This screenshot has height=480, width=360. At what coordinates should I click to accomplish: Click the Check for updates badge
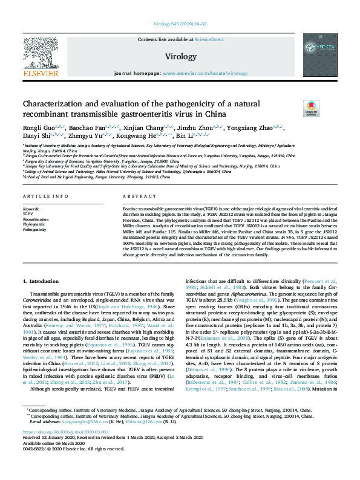(294, 109)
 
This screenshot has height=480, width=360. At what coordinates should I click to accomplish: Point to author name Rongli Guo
(36, 128)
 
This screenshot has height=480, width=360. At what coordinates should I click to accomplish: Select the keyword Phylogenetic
(34, 224)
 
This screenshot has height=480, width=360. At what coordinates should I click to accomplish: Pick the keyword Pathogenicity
(34, 230)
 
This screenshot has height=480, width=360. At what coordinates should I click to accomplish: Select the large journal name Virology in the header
(180, 56)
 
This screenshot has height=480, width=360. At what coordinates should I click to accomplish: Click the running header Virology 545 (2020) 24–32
(180, 24)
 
